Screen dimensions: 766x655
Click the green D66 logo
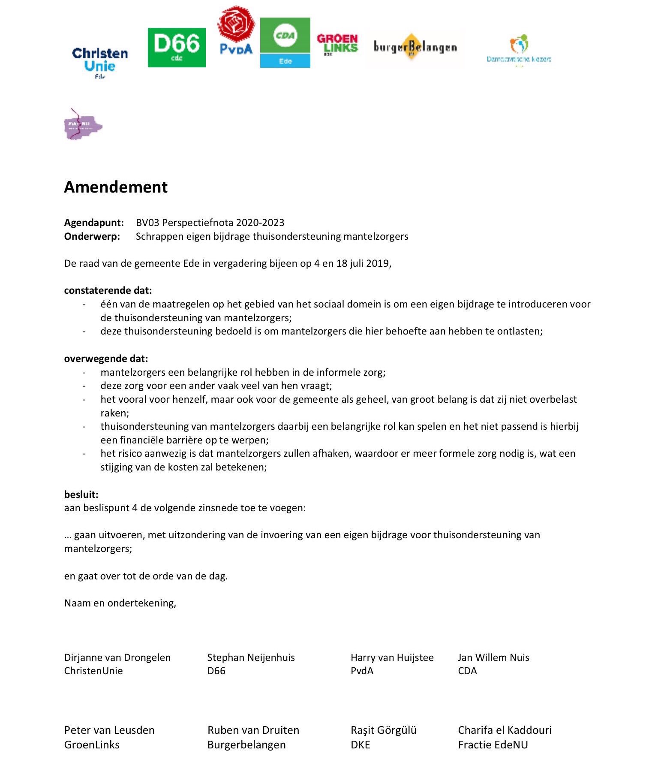coord(177,48)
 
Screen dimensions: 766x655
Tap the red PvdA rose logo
coord(235,30)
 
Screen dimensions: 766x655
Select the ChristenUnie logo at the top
coord(100,62)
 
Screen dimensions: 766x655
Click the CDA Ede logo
coord(285,42)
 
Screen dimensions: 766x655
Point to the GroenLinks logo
coord(337,44)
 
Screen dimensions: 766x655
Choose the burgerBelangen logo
coord(415,47)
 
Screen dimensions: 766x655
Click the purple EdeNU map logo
coord(83,124)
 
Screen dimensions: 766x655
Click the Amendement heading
coord(116,187)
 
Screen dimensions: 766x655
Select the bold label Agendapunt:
coord(94,223)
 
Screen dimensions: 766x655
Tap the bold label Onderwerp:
coord(92,236)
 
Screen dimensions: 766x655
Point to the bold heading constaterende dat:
coord(108,290)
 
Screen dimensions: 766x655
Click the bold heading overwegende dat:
coord(106,359)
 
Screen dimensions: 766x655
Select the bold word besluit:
coord(81,494)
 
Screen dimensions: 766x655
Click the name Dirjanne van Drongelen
coord(117,657)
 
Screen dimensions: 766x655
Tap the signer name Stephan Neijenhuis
coord(251,657)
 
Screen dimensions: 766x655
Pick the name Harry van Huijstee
coord(392,657)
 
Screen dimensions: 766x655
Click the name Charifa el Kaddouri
coord(505,730)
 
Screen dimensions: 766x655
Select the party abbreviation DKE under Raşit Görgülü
coord(360,745)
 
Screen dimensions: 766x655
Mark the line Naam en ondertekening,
coord(120,603)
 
